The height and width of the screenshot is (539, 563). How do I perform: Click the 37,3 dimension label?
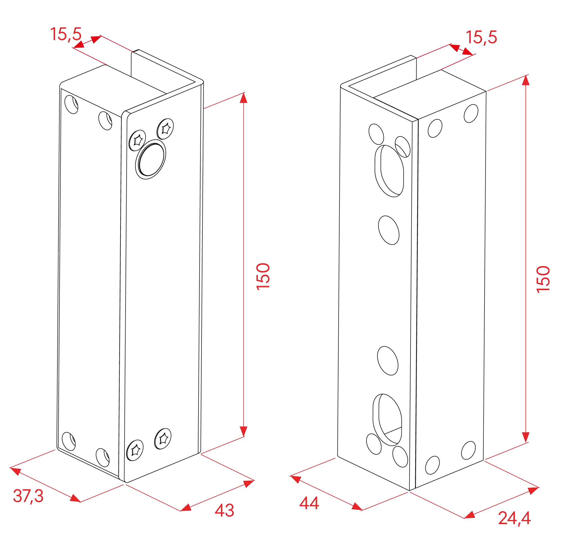point(28,496)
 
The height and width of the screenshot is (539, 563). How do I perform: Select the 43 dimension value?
point(224,510)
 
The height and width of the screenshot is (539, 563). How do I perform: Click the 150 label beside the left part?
point(263,276)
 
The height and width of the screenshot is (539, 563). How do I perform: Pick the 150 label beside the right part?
point(543,279)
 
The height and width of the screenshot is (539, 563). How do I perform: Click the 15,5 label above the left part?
point(66,34)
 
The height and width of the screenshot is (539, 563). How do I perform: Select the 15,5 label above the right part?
point(481,37)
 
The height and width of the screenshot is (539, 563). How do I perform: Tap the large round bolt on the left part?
point(151,159)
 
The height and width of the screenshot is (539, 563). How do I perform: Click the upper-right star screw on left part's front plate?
point(165,128)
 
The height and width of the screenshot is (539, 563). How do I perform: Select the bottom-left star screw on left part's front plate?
point(135,450)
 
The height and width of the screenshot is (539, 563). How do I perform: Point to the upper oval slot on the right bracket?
point(389,171)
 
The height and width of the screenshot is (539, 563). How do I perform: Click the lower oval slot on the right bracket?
point(387,420)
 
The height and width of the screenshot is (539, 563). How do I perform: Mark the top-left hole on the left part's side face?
point(71,104)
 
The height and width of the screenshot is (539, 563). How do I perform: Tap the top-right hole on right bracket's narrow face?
point(471,113)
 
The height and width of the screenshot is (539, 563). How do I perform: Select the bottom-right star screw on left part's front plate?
point(163,439)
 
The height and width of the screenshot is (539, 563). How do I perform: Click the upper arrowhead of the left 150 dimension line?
point(243,98)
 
